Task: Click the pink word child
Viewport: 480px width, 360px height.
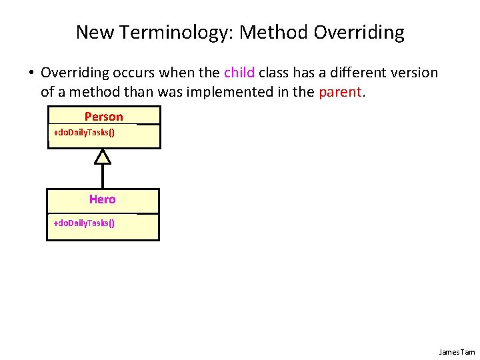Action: [239, 73]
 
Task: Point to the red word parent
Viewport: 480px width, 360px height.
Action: [340, 92]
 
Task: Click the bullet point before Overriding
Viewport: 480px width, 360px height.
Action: [31, 73]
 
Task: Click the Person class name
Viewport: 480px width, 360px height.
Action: [103, 117]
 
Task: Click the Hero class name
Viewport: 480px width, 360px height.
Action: [102, 199]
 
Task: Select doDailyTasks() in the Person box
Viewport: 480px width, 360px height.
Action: [84, 133]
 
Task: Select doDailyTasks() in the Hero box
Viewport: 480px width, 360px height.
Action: [84, 223]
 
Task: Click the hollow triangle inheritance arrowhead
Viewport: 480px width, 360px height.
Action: [102, 157]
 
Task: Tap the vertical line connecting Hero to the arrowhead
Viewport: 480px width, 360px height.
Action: [102, 176]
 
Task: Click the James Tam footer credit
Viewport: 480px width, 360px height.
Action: [457, 351]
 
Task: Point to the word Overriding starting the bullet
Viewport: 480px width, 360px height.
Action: [73, 73]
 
